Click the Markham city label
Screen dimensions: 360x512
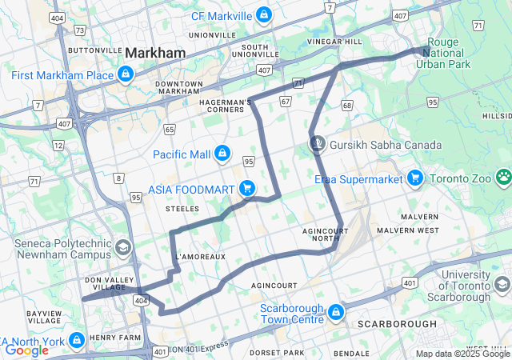pyautogui.click(x=155, y=53)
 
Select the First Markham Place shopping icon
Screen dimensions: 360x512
pyautogui.click(x=125, y=75)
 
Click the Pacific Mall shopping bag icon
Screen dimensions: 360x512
pyautogui.click(x=222, y=153)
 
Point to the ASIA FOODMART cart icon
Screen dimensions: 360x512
pyautogui.click(x=247, y=189)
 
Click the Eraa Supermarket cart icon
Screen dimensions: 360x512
pyautogui.click(x=414, y=178)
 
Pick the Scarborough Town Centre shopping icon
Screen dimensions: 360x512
pyautogui.click(x=336, y=311)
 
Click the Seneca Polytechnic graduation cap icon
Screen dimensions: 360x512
pyautogui.click(x=123, y=247)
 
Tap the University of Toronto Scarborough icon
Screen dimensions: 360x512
pyautogui.click(x=502, y=285)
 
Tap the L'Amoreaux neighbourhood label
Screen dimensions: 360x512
pyautogui.click(x=200, y=256)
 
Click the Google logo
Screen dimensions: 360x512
pyautogui.click(x=26, y=350)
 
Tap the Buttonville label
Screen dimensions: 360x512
pyautogui.click(x=94, y=50)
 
